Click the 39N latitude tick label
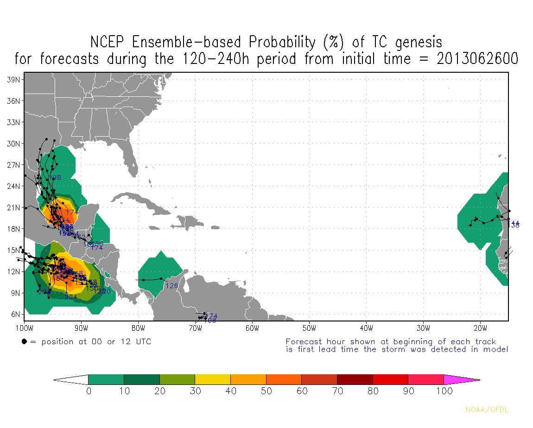click(13, 80)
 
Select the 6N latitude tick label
click(15, 314)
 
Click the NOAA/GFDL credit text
click(487, 409)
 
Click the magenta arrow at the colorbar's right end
click(461, 380)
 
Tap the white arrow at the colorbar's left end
click(70, 380)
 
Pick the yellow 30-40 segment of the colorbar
click(213, 380)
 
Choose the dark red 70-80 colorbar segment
click(355, 380)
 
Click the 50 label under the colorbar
click(266, 391)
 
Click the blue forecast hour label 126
click(171, 286)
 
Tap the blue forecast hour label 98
click(57, 178)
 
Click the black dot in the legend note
click(24, 342)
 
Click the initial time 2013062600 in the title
click(477, 59)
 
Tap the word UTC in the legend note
click(142, 342)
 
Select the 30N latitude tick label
click(13, 144)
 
